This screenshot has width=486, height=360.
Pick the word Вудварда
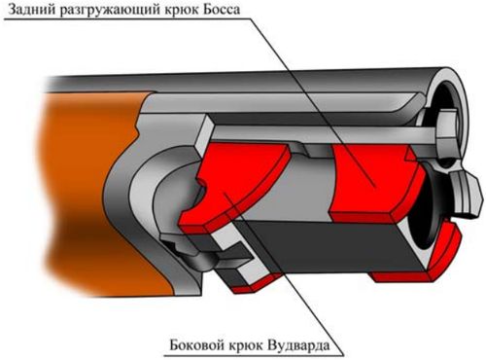tap(299, 344)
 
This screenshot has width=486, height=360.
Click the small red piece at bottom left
tap(256, 284)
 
